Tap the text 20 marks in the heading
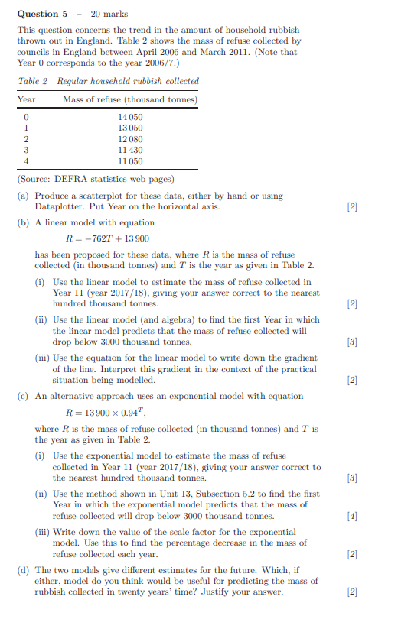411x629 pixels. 109,14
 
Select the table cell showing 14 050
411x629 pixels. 130,116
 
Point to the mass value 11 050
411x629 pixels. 130,162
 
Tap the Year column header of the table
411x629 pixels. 27,99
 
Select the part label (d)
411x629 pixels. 24,569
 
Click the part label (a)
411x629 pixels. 24,196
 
